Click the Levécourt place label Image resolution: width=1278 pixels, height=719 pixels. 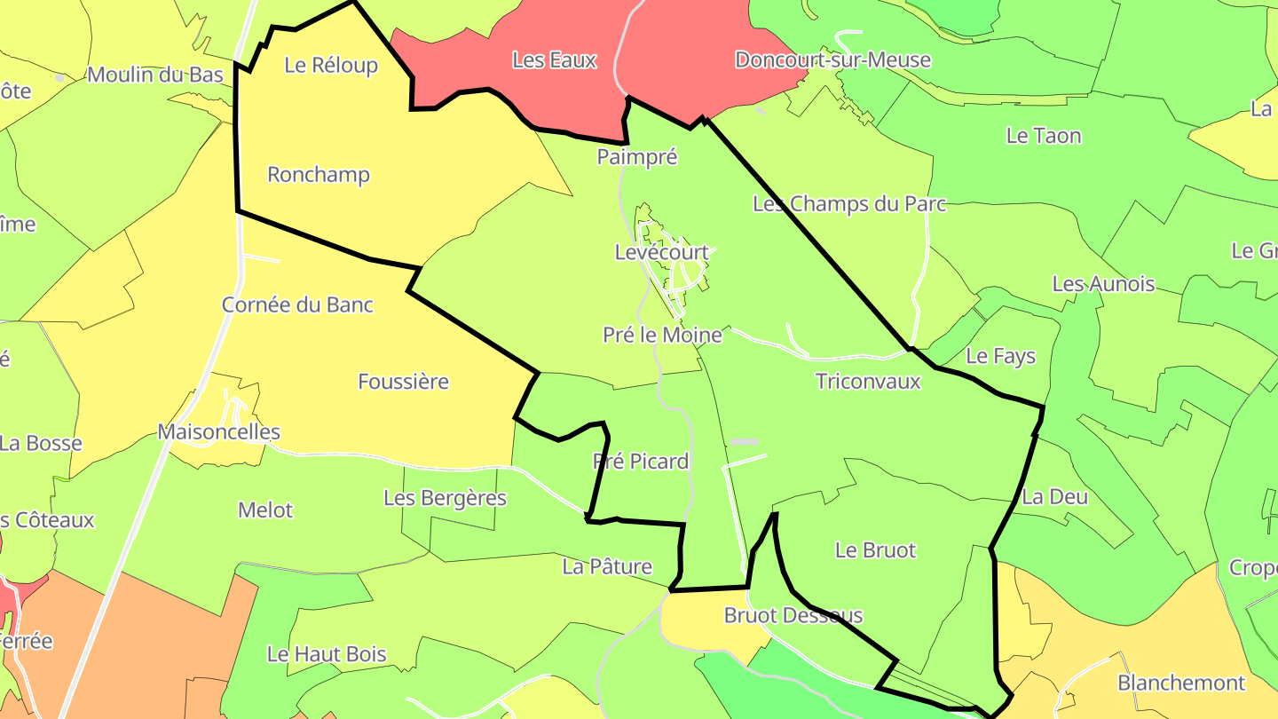tap(662, 252)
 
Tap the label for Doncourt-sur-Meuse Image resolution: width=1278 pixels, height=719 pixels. tap(832, 60)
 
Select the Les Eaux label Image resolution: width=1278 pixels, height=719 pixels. tap(554, 60)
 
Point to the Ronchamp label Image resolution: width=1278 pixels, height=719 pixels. tap(318, 175)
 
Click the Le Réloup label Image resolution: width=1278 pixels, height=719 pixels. tap(331, 65)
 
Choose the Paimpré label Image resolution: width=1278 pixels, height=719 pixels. tap(637, 157)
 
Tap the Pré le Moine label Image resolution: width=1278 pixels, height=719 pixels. tap(662, 336)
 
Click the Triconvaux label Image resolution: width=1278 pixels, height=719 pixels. tap(868, 382)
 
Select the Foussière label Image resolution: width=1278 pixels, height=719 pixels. tap(403, 382)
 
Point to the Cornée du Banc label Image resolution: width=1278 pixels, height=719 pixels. tap(297, 304)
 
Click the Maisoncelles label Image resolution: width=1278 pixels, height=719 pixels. tap(218, 432)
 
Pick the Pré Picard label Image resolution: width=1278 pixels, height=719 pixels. tap(640, 462)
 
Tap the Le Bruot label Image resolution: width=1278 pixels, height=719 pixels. tap(875, 550)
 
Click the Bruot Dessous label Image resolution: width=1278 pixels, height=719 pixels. tap(793, 615)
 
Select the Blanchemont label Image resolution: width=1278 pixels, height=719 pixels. tap(1181, 683)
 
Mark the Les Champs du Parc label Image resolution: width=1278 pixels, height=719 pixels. tap(849, 204)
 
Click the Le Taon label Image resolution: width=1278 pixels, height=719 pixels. tap(1044, 136)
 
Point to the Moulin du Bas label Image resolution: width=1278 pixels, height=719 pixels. tap(155, 75)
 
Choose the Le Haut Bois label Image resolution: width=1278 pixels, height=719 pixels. tap(327, 655)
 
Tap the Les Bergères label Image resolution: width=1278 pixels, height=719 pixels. tap(445, 498)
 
